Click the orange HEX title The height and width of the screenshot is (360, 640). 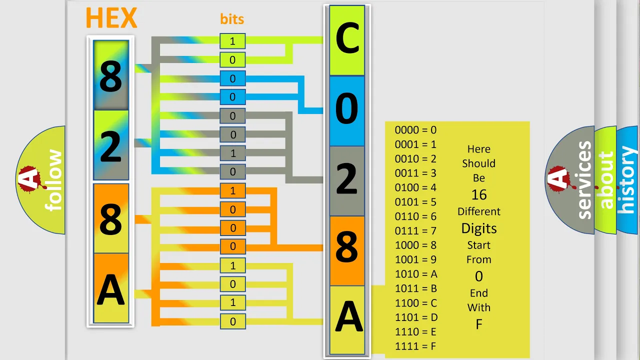tap(111, 17)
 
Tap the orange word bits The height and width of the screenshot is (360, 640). tap(232, 19)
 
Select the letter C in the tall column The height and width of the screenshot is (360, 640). tap(347, 38)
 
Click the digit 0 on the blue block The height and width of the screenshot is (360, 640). tap(347, 108)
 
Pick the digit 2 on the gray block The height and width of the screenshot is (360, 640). tap(347, 178)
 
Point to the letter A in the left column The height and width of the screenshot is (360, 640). tap(111, 289)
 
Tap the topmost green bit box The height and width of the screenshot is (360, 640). tap(232, 41)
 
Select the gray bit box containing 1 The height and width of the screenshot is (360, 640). tap(232, 153)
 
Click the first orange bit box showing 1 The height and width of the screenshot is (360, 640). tap(232, 191)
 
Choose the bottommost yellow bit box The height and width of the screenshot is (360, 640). tap(232, 321)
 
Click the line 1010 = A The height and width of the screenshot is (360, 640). tap(416, 274)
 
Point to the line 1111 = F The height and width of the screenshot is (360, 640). tap(415, 346)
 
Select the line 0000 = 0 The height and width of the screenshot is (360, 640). tap(415, 130)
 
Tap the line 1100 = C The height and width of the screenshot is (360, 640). tap(416, 303)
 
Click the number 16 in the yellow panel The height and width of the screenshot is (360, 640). tap(479, 195)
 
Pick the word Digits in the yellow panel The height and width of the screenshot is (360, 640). tap(479, 228)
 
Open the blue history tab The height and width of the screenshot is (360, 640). tap(627, 179)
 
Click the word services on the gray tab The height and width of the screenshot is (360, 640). tap(584, 180)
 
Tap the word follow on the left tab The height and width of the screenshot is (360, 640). tap(53, 180)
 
